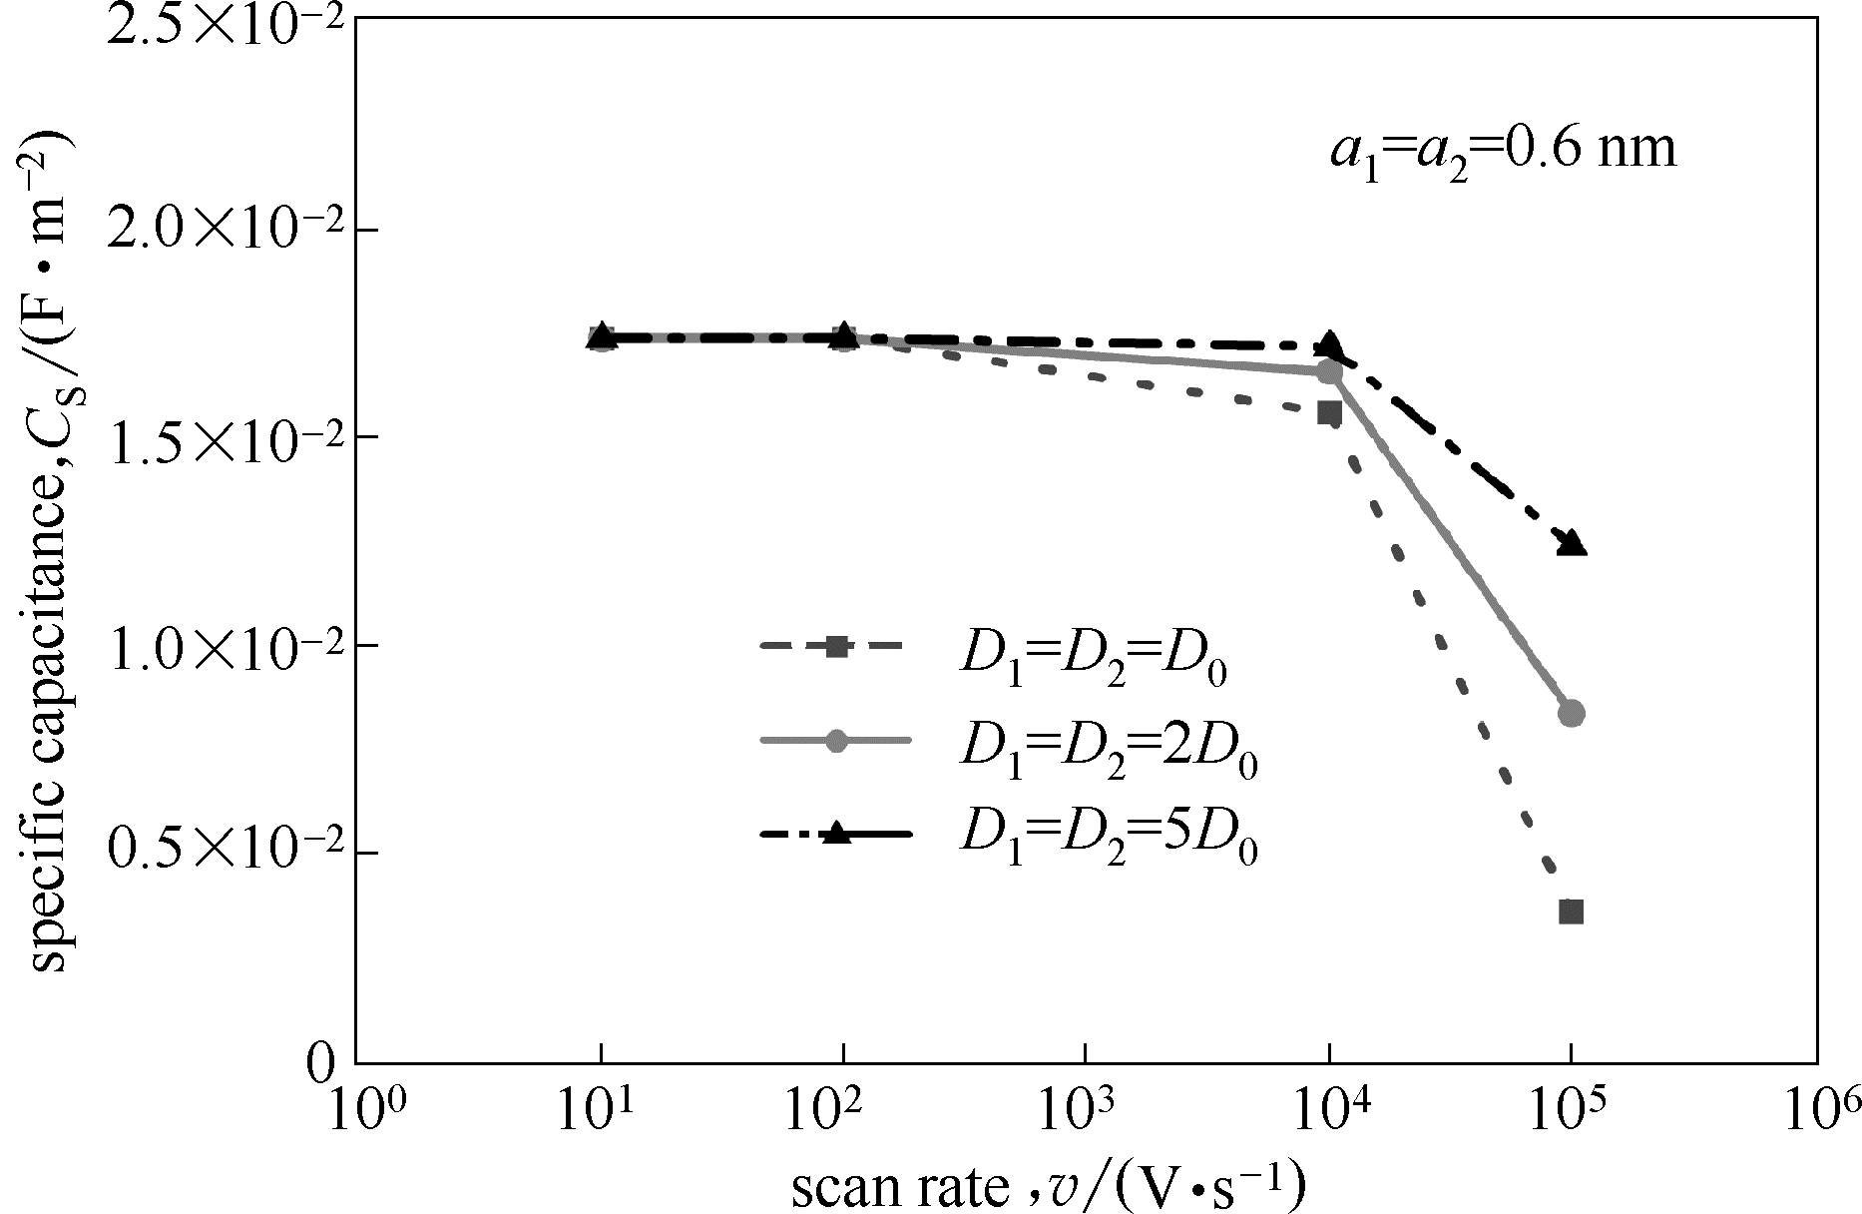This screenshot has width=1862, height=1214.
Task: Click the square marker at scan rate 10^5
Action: [x=1571, y=911]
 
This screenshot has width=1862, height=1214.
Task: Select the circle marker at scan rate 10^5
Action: [x=1571, y=713]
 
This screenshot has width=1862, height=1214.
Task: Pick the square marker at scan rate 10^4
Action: [x=1329, y=413]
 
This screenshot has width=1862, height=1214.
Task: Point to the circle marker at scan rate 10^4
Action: [x=1329, y=372]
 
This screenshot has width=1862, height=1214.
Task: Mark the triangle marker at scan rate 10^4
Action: [x=1329, y=343]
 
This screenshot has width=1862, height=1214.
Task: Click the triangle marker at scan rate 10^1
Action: [x=601, y=337]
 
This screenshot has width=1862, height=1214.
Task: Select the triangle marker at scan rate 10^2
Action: [x=844, y=334]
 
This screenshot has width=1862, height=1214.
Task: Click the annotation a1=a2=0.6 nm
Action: [x=1503, y=153]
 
